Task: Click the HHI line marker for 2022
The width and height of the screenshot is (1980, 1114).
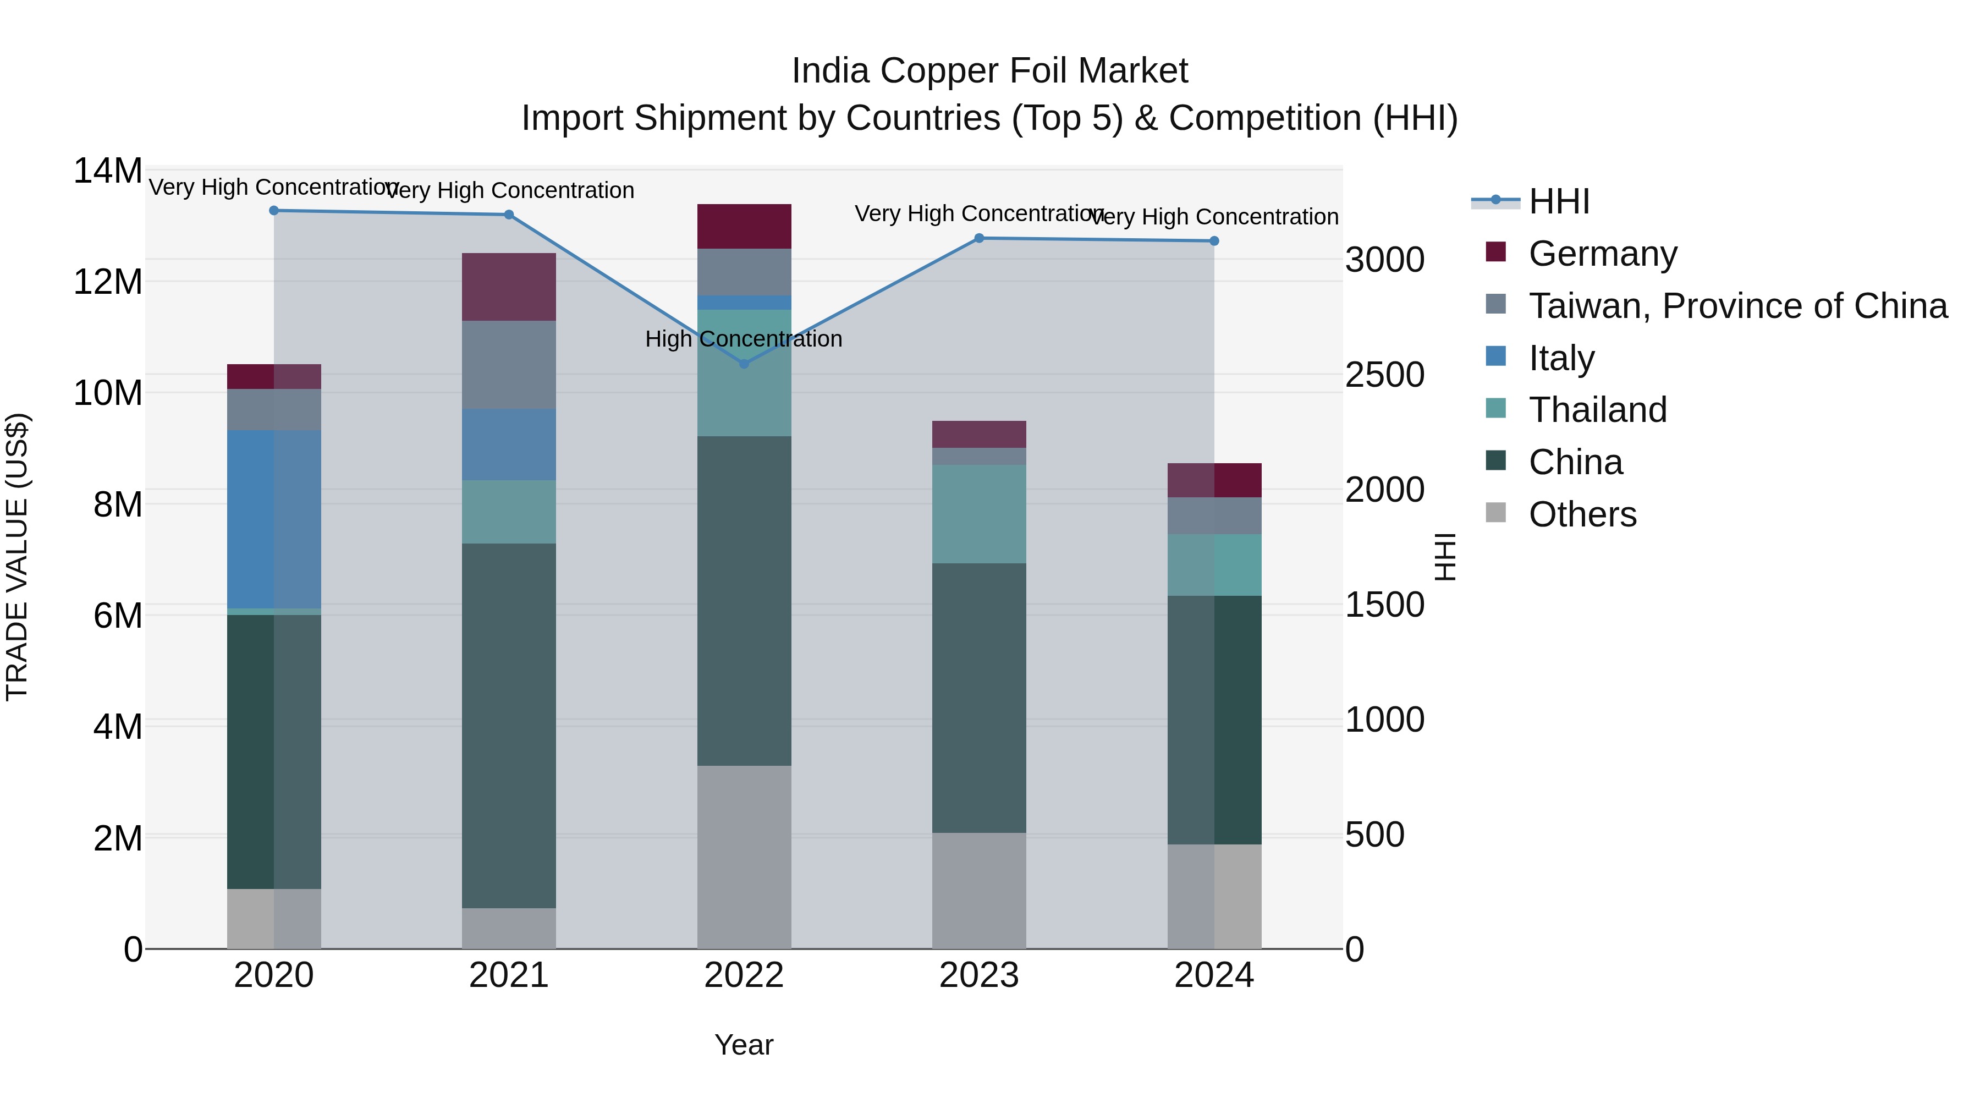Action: (743, 364)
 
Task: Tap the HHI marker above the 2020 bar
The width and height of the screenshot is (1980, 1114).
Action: (274, 211)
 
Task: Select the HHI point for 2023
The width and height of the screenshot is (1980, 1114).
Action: (978, 238)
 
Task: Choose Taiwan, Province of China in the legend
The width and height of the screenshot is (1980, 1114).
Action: (1737, 306)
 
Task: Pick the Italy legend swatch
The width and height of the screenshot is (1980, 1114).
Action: (1496, 356)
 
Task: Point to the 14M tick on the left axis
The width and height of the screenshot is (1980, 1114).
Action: (108, 171)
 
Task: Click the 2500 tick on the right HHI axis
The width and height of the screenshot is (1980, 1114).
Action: (1384, 375)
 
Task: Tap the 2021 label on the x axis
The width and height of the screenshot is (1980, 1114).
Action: (508, 975)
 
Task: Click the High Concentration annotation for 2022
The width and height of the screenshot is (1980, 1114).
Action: (743, 339)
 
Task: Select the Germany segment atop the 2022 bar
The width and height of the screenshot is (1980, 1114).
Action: (743, 226)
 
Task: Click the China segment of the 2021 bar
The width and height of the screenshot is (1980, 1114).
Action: (508, 725)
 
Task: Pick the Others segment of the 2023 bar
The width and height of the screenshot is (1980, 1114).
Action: (978, 890)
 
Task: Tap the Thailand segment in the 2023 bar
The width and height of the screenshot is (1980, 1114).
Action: (978, 514)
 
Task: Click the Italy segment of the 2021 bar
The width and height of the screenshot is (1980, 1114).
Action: (508, 444)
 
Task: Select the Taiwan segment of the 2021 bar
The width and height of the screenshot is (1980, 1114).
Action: (508, 364)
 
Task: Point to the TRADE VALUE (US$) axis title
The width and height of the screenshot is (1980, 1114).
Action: (17, 557)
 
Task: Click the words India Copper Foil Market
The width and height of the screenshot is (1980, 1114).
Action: (989, 72)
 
